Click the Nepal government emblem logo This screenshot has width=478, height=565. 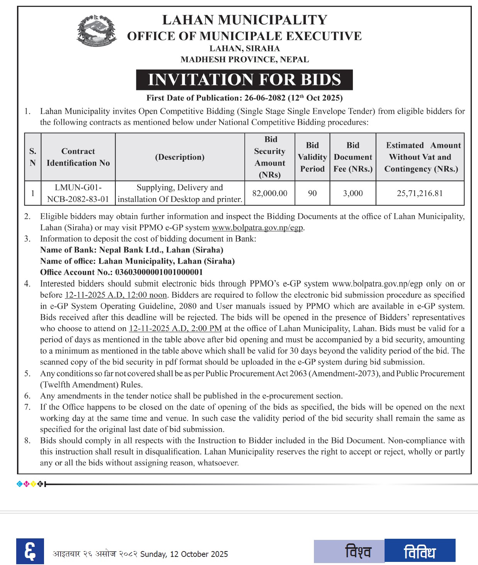(x=97, y=30)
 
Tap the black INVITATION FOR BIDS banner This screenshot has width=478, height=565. (x=244, y=80)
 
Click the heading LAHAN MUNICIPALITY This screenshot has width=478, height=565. (x=244, y=20)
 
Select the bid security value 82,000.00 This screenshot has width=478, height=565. (x=270, y=193)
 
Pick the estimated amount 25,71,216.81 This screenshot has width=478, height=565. (x=420, y=193)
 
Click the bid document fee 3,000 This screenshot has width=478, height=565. (x=353, y=193)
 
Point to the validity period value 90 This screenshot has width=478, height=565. (x=312, y=193)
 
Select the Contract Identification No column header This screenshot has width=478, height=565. (x=78, y=157)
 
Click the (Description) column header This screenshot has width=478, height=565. (x=180, y=157)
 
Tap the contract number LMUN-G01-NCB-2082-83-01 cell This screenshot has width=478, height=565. (x=78, y=193)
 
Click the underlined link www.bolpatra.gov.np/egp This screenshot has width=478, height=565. (x=258, y=228)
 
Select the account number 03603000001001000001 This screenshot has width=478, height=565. (x=159, y=272)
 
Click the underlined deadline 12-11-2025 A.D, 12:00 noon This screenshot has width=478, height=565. (x=116, y=295)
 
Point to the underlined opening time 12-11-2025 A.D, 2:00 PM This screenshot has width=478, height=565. (x=175, y=329)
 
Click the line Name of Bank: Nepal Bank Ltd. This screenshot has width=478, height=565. (x=132, y=250)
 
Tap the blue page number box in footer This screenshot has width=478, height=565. (x=30, y=551)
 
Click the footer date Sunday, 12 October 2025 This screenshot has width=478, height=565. (x=184, y=554)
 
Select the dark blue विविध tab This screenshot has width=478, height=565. (x=420, y=551)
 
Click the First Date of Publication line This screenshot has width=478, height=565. (x=244, y=98)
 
